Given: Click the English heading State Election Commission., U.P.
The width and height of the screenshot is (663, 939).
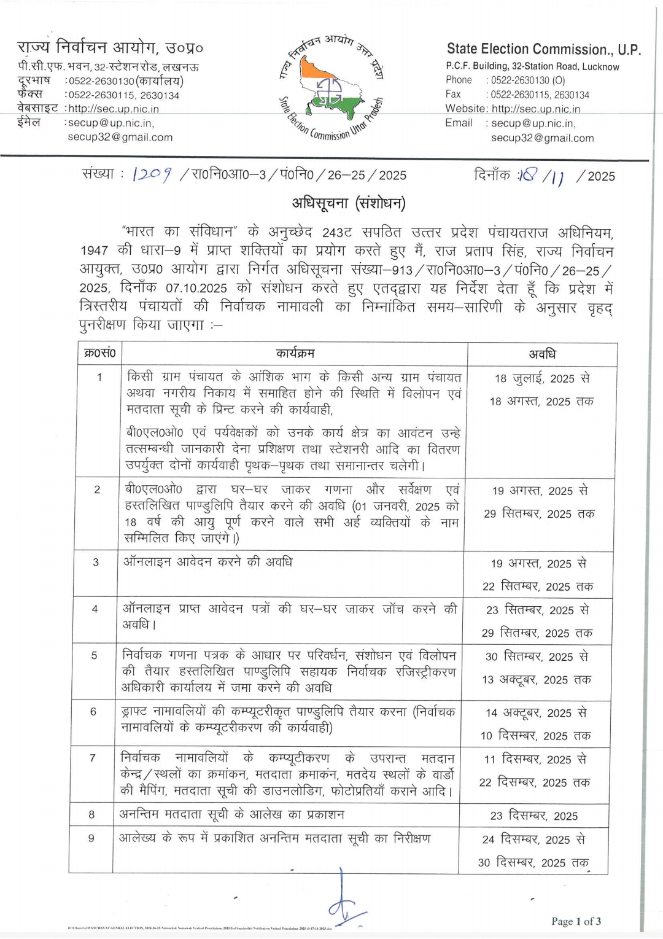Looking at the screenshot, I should coord(543,49).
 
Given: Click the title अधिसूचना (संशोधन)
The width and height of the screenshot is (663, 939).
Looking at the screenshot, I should coord(349,203).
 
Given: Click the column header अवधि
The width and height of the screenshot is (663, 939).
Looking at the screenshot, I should coord(542,354).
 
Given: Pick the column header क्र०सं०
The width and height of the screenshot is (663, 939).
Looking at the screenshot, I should coord(99,354).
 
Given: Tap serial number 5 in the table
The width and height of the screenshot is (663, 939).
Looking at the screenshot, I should coord(95,655).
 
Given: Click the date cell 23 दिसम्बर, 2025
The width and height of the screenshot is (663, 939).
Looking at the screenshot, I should coord(533,816).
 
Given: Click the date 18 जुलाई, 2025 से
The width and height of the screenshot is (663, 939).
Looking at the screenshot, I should coord(542,378).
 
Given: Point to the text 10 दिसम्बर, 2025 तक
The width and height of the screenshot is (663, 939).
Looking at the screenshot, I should coord(535,735).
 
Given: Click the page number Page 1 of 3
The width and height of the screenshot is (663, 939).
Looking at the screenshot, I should coord(576,921).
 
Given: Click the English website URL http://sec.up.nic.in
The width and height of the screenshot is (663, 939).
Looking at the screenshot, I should coord(536,109).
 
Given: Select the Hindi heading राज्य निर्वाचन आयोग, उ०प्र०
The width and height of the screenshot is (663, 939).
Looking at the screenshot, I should coord(110,48).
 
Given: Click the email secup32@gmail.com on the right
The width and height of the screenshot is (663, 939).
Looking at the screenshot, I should coord(542,138).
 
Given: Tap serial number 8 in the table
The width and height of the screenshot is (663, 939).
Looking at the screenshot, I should coord(92,815).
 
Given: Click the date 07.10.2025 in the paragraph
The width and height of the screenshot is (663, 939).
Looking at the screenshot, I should coord(196,287).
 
